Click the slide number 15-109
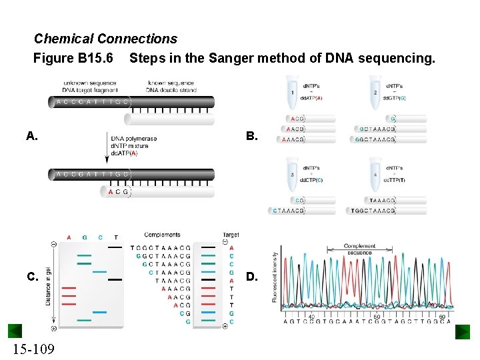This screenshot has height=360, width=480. [33, 349]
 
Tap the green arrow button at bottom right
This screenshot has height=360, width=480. [463, 331]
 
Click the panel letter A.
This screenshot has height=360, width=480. [31, 137]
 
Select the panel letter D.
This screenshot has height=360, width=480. [251, 276]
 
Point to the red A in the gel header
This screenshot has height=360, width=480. [69, 237]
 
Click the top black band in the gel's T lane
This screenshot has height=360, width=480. [115, 247]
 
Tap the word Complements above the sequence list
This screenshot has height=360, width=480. [162, 235]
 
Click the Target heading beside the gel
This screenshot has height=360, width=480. [231, 235]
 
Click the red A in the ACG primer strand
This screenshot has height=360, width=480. [110, 191]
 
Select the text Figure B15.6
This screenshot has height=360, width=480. [73, 59]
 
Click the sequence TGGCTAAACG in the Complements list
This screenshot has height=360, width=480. [161, 247]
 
